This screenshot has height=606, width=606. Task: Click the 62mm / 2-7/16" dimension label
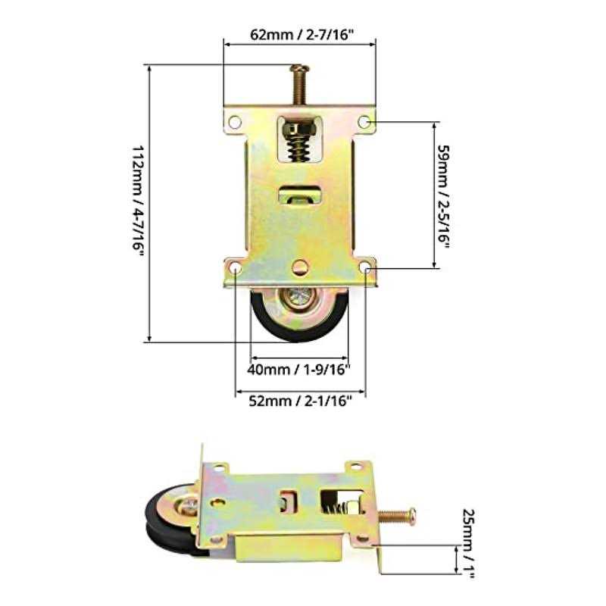(300, 34)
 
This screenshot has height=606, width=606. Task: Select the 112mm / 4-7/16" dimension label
(137, 201)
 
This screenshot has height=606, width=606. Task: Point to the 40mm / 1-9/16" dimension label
(301, 370)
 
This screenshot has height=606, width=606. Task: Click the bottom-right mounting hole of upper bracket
(367, 267)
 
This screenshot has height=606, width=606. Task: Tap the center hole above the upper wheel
(301, 266)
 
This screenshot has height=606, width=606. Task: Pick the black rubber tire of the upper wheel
(261, 318)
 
